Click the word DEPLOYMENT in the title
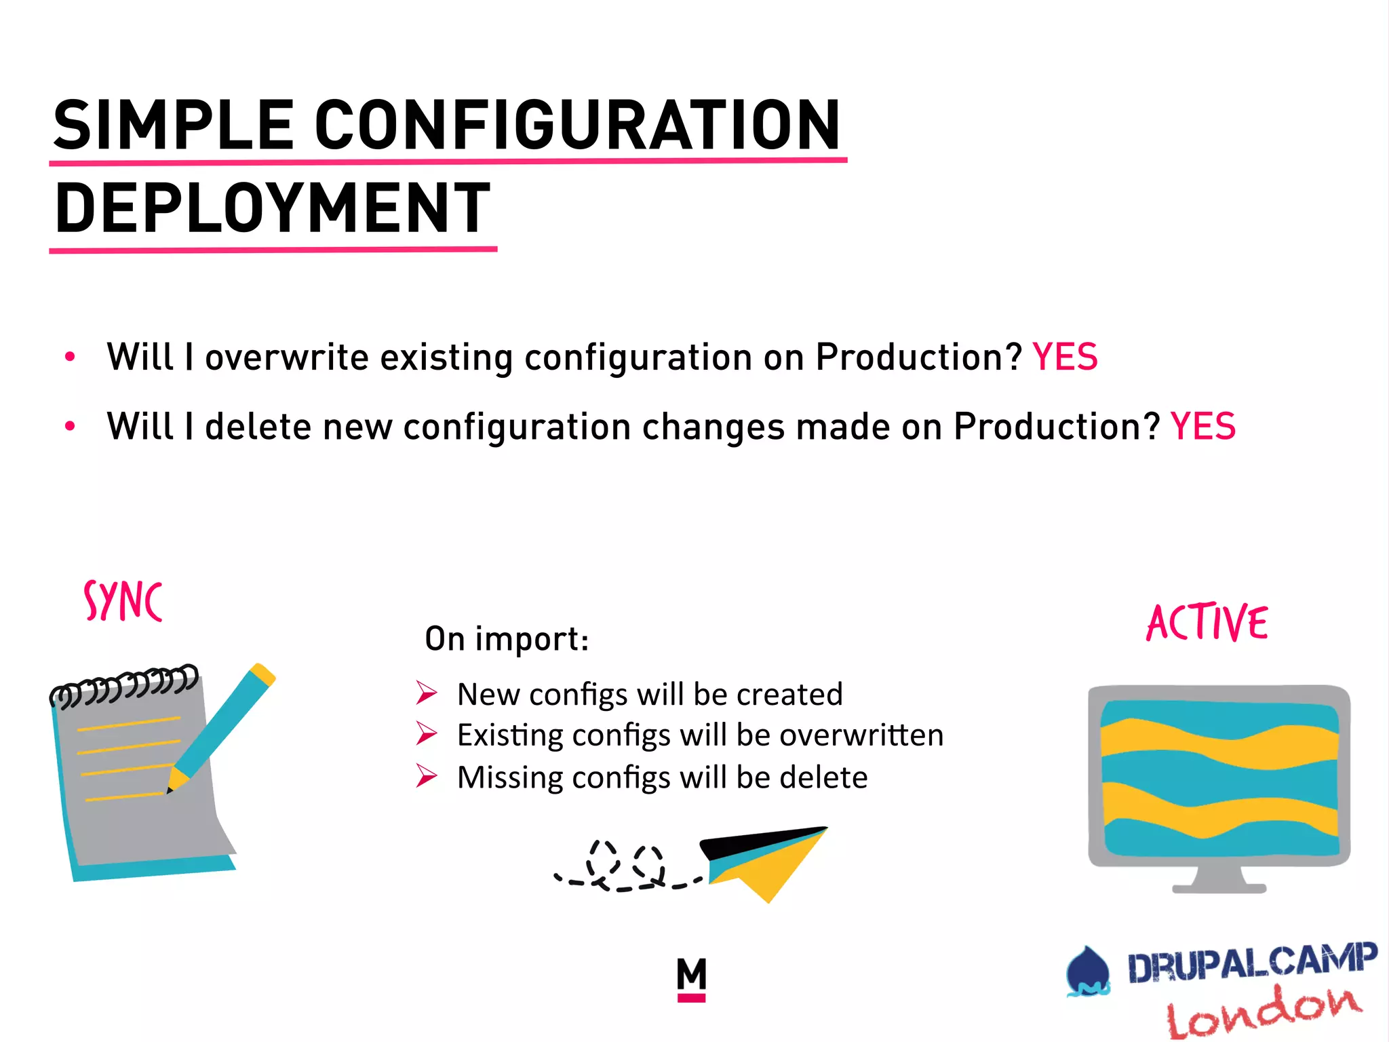pyautogui.click(x=273, y=209)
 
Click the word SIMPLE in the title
pyautogui.click(x=173, y=126)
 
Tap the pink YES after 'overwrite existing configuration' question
pyautogui.click(x=1064, y=357)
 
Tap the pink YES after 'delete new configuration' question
pyautogui.click(x=1202, y=427)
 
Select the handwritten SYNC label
pyautogui.click(x=123, y=601)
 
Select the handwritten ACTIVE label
pyautogui.click(x=1207, y=622)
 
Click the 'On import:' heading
pyautogui.click(x=507, y=639)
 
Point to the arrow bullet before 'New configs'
pyautogui.click(x=427, y=693)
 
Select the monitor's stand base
pyautogui.click(x=1219, y=887)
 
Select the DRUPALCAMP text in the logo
pyautogui.click(x=1251, y=962)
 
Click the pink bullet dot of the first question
pyautogui.click(x=70, y=358)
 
